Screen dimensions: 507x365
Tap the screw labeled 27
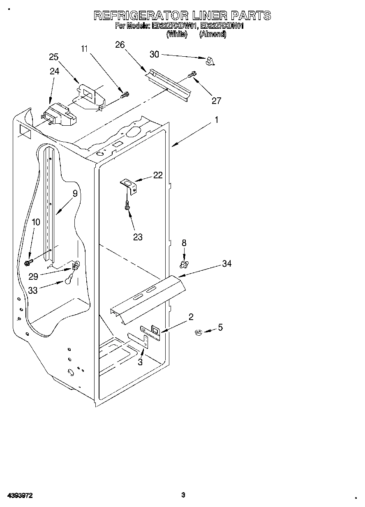tap(192, 75)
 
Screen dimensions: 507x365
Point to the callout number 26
tap(120, 45)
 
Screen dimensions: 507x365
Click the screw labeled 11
tap(124, 95)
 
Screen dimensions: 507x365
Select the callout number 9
tap(75, 194)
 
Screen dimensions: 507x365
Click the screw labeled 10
tap(29, 261)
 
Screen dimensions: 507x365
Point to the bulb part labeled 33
tap(69, 280)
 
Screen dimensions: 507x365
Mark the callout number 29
tap(33, 276)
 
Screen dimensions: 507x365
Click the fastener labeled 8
tap(184, 263)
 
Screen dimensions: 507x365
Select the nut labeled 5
tap(198, 332)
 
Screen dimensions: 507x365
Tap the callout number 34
tap(226, 264)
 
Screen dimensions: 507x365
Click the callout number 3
tap(140, 362)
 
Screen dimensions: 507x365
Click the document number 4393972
tap(19, 495)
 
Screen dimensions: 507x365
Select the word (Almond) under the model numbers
tap(213, 35)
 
